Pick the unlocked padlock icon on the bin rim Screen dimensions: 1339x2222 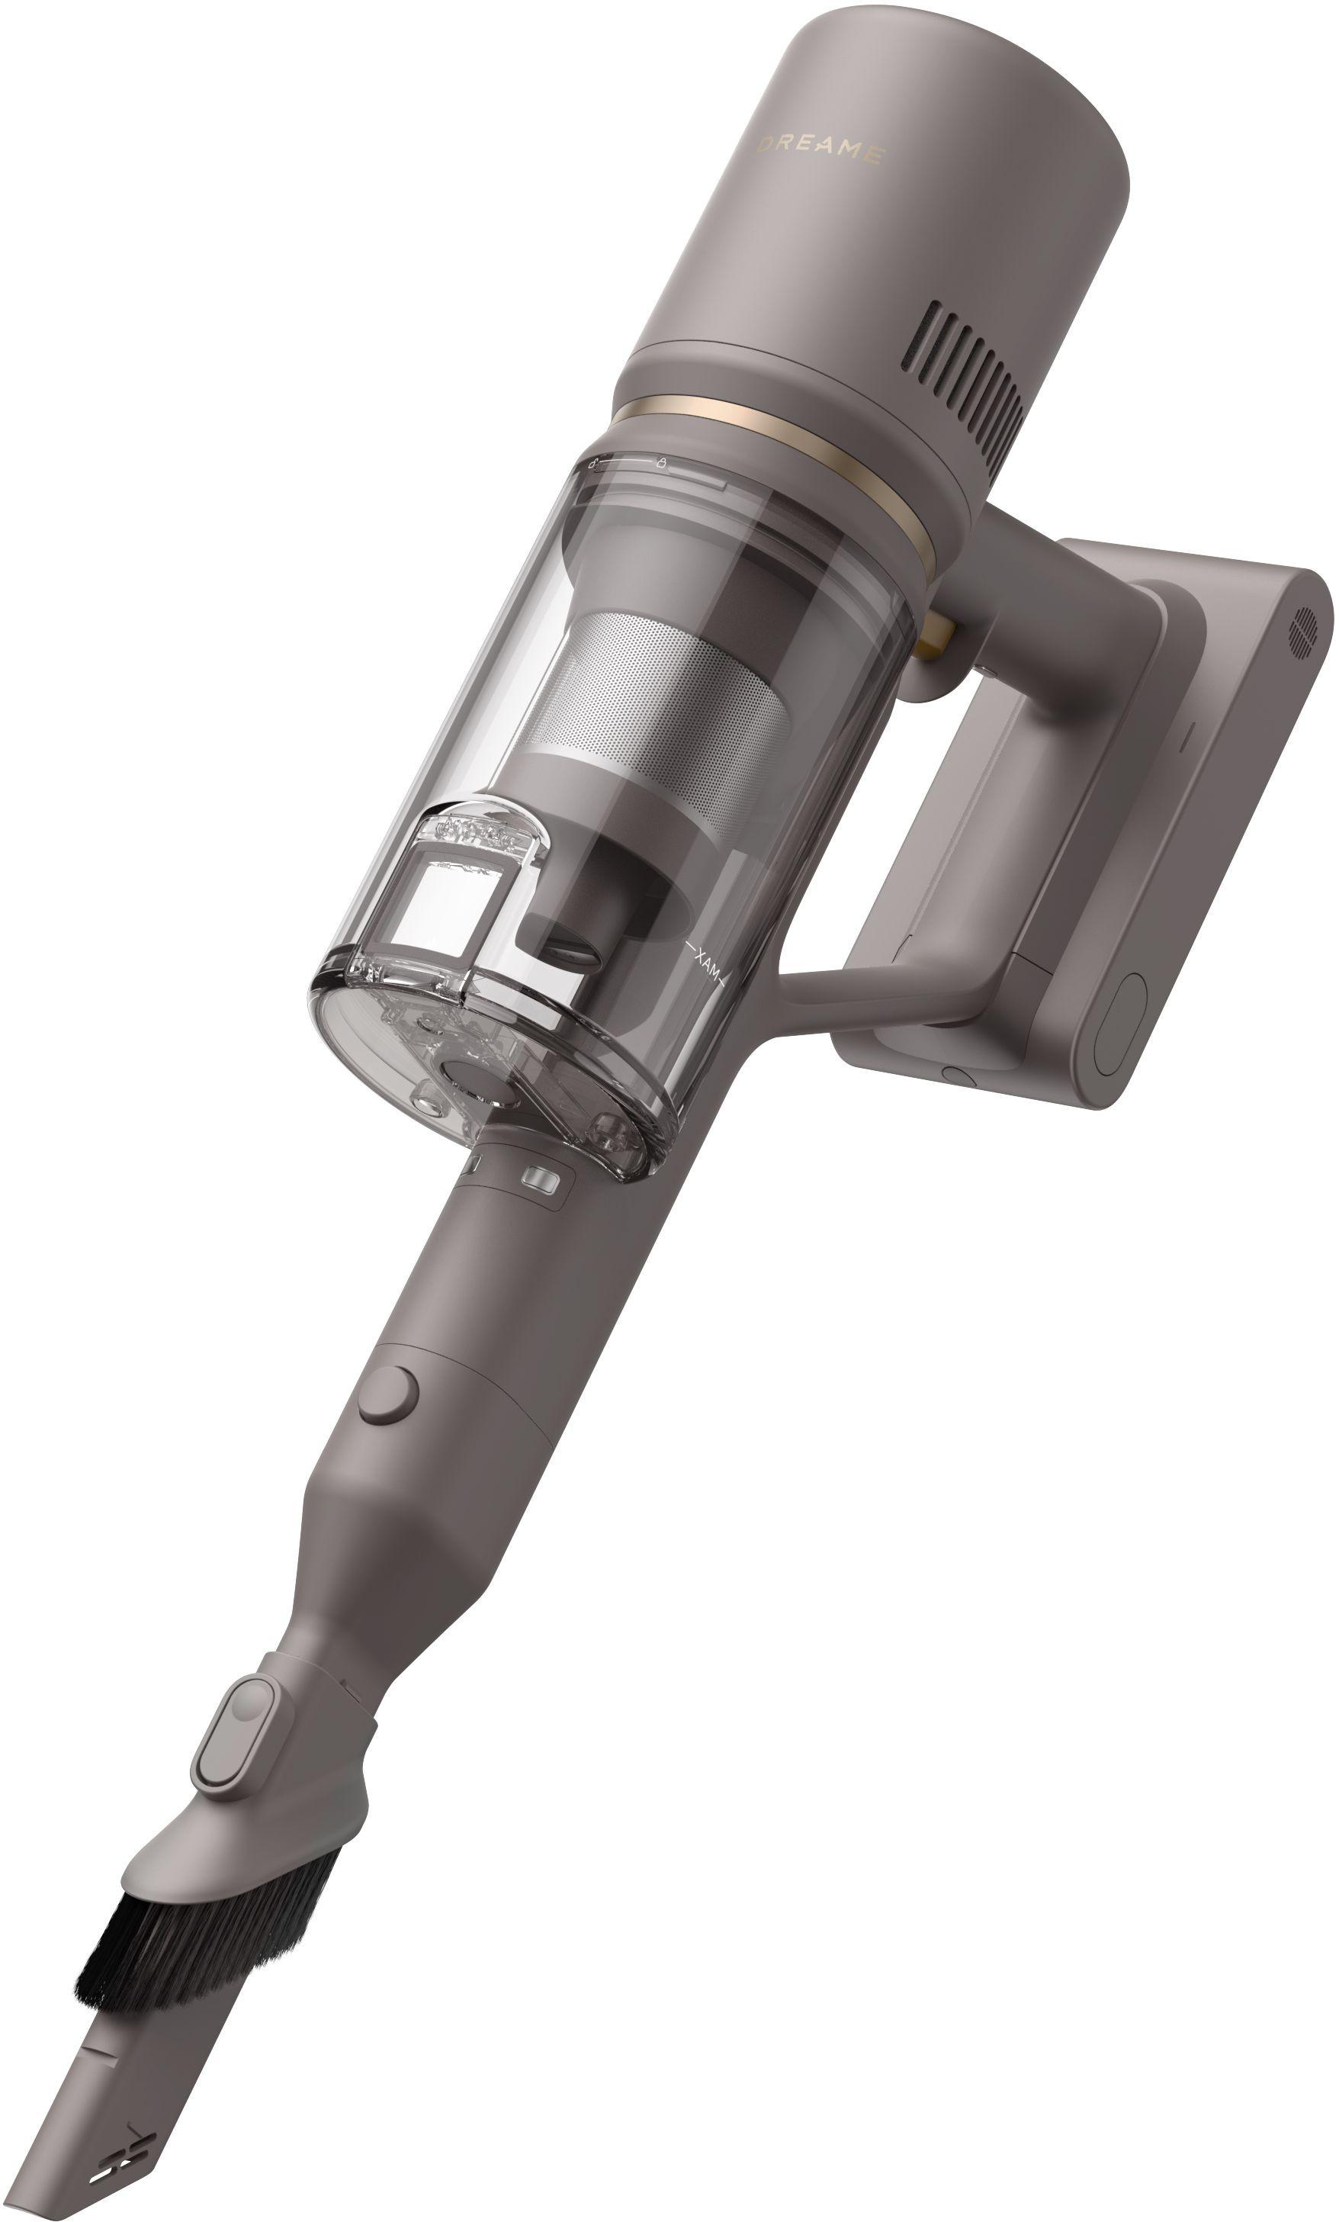tap(593, 465)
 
